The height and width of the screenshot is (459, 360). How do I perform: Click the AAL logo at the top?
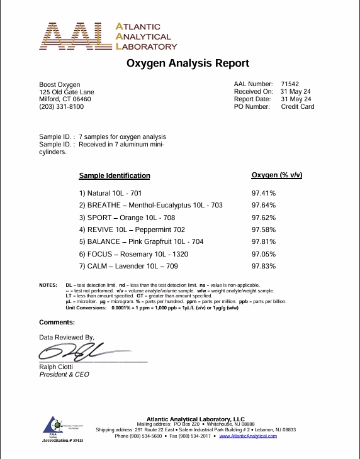110,37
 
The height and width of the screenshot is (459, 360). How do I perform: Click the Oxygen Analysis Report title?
188,64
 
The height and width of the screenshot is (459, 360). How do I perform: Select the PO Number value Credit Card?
297,107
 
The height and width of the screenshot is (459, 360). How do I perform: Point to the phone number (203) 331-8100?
61,107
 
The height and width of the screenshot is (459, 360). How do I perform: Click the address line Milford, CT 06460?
65,99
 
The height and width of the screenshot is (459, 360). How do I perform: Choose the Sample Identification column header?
115,176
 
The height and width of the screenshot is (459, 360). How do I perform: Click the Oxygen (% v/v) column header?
277,175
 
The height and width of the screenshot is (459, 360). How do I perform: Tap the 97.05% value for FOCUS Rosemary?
264,254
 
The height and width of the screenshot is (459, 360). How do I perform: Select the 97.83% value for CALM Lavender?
264,267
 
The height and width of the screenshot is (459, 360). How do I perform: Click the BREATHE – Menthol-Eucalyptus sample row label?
150,206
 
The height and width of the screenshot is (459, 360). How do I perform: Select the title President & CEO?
64,375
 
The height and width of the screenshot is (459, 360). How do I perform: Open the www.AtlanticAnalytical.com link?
248,436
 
